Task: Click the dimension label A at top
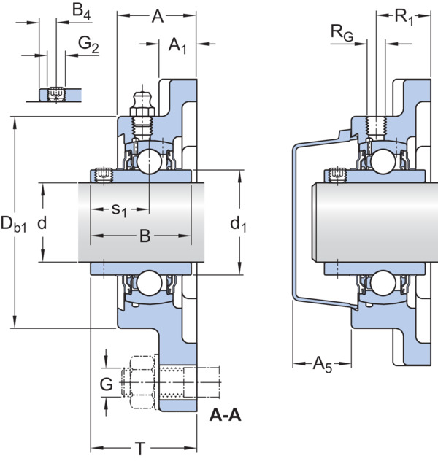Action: tap(158, 17)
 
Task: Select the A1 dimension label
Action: tap(177, 46)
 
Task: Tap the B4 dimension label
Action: tap(82, 12)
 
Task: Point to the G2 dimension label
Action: tap(88, 44)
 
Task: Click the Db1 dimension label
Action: tap(14, 224)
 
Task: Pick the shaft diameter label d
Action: tap(42, 223)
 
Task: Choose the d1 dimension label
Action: tap(238, 225)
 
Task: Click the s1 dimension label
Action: tap(119, 211)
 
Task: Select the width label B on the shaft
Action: tap(145, 236)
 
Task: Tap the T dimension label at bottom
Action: tap(141, 449)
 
